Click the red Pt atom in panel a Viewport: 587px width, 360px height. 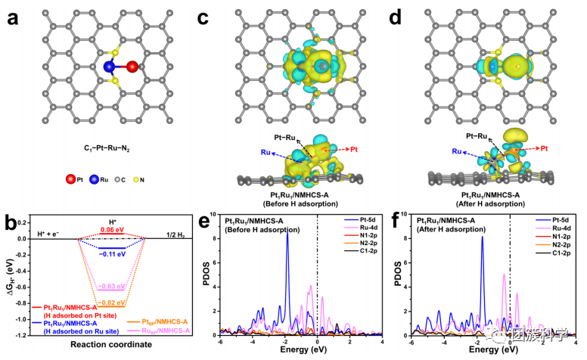133,67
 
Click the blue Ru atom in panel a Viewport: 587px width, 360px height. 110,67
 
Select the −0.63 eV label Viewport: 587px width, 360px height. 111,286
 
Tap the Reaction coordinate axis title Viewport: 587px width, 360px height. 112,345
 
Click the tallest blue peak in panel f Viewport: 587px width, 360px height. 482,238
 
